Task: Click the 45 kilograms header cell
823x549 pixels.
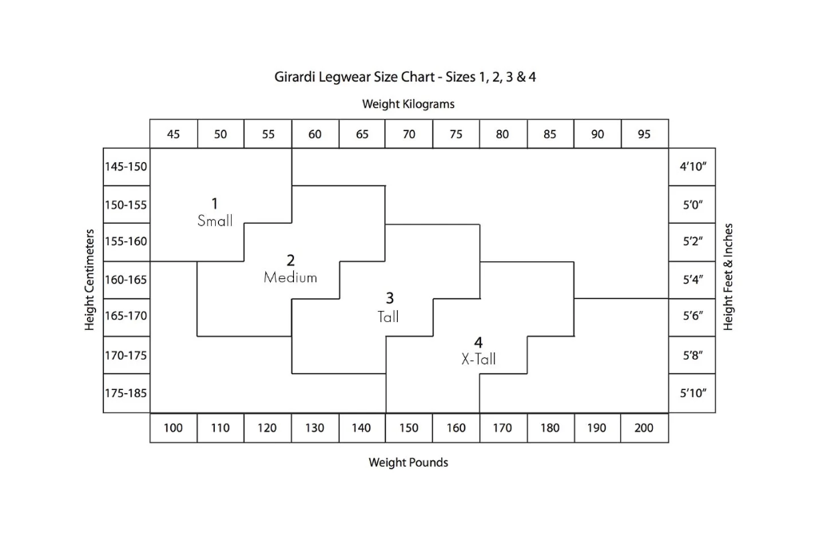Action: (x=173, y=133)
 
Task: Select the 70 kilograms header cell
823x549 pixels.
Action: (x=409, y=133)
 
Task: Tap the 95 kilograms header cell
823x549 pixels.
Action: (x=645, y=133)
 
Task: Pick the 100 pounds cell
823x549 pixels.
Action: (x=173, y=428)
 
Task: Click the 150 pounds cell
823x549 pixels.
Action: (x=409, y=428)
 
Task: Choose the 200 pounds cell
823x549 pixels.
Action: (x=645, y=428)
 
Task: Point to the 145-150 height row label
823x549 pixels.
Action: (x=126, y=167)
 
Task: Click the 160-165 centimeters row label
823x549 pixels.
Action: (x=126, y=280)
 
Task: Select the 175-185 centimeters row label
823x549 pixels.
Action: (x=126, y=393)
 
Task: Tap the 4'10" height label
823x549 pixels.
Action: (x=692, y=167)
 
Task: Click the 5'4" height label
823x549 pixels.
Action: (x=692, y=280)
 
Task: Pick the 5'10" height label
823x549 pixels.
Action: (x=692, y=393)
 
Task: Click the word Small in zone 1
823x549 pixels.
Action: (x=215, y=221)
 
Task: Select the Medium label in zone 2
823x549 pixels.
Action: (x=291, y=277)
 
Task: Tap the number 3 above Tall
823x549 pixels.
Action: (x=389, y=298)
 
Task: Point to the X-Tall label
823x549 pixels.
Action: (x=479, y=359)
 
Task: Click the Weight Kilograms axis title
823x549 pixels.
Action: (x=408, y=104)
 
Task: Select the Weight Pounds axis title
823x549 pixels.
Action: (x=408, y=463)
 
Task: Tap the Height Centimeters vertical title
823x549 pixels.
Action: (x=89, y=280)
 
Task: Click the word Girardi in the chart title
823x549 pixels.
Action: (x=295, y=78)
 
